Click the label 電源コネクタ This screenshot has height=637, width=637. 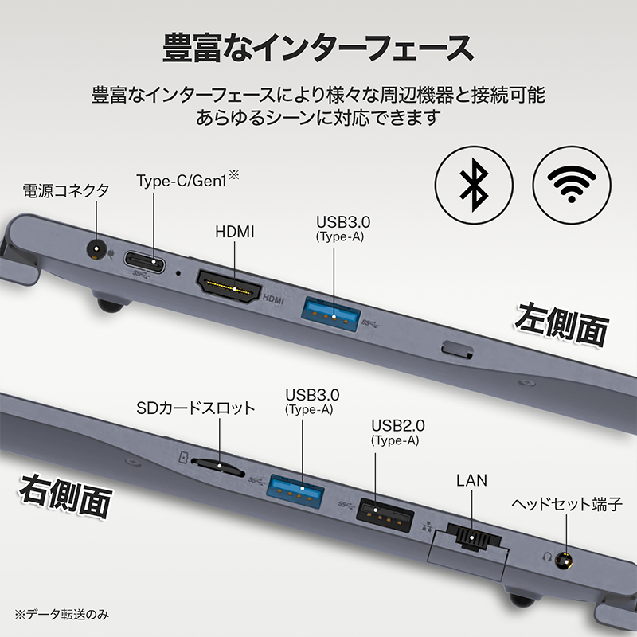(65, 190)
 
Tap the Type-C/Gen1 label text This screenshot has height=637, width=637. (182, 180)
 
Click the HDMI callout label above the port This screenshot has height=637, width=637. (235, 232)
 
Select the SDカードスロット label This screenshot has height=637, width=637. (196, 408)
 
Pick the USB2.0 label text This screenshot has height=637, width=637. (395, 423)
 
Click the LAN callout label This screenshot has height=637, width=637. (472, 480)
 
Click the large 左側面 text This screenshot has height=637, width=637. (561, 322)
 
